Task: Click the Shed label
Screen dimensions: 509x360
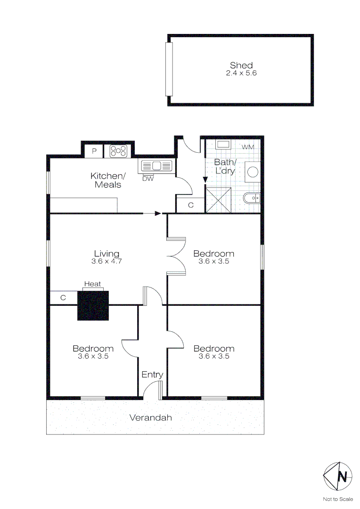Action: pos(241,66)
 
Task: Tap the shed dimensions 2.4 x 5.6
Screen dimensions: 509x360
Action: pos(241,73)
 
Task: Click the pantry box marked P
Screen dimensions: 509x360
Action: pos(94,151)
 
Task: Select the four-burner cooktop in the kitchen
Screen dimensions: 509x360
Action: pos(119,151)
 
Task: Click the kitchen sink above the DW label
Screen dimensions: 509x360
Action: pos(156,166)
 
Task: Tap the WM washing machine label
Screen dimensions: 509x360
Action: pos(248,147)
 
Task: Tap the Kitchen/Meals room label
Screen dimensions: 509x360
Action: pos(108,181)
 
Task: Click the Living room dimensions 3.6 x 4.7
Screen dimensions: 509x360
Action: pos(106,261)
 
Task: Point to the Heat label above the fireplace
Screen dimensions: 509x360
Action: pos(92,284)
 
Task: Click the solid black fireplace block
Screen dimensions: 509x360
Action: pos(93,306)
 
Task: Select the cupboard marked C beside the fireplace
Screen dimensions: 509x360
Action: pos(63,298)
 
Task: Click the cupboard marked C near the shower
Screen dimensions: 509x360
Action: pos(190,205)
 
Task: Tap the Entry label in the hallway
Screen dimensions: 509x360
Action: pos(152,375)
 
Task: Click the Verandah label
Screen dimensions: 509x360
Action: pos(151,418)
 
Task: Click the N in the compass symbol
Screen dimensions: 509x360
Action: pos(344,476)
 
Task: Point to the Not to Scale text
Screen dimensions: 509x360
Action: pos(337,499)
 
